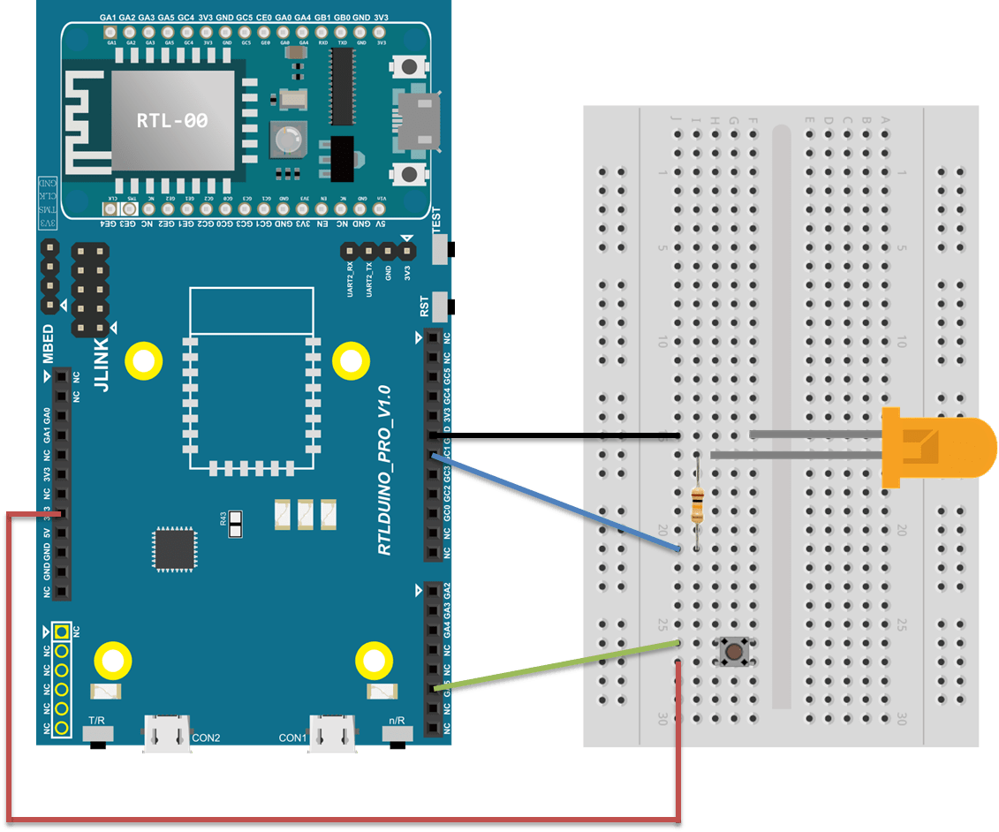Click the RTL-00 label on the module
[172, 121]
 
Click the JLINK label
[102, 364]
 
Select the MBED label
[48, 344]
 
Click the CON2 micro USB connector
[167, 733]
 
